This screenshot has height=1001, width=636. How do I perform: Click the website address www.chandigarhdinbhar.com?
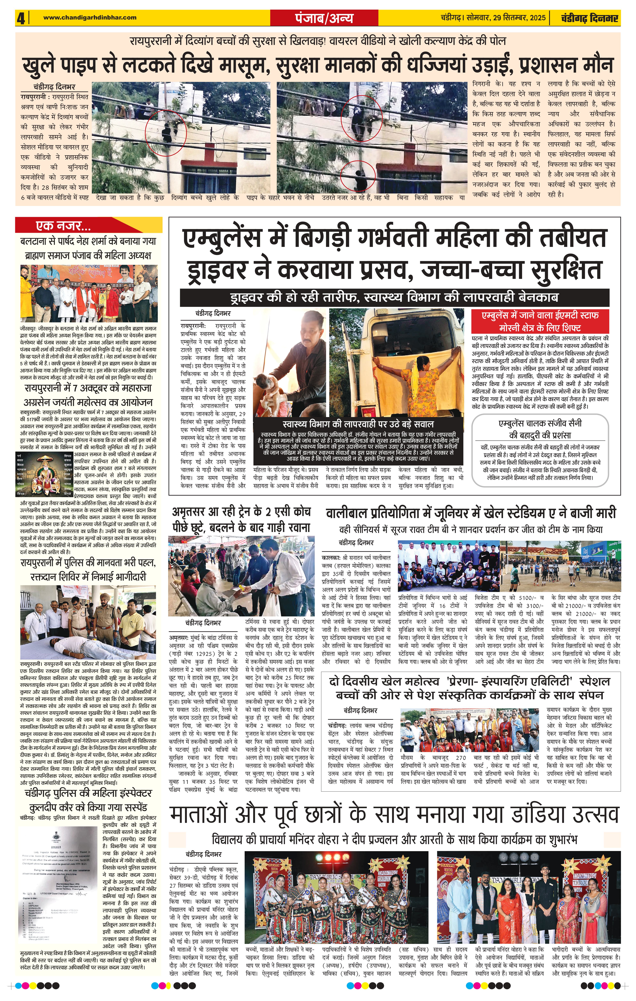pyautogui.click(x=89, y=17)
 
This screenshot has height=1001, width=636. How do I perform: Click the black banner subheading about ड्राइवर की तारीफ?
pyautogui.click(x=394, y=298)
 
